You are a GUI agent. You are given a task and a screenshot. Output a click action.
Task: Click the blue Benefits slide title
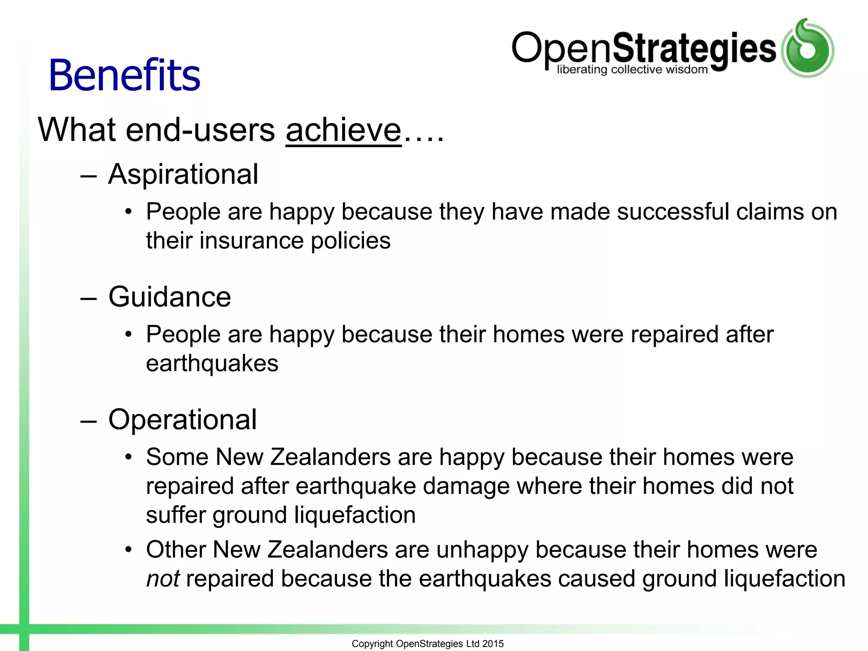(x=124, y=75)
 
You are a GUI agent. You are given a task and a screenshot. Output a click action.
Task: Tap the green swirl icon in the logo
(x=807, y=48)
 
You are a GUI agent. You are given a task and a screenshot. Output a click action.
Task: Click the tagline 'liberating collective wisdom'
(x=632, y=70)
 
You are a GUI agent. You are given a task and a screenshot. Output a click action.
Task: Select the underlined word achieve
(x=343, y=130)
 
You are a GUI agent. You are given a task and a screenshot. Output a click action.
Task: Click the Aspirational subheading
(x=183, y=174)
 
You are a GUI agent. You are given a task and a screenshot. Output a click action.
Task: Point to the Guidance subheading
(x=170, y=297)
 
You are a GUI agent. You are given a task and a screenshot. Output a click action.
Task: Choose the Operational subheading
(x=182, y=420)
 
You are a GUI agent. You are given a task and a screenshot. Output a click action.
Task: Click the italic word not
(x=163, y=579)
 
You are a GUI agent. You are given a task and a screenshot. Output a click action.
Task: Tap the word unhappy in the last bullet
(x=482, y=550)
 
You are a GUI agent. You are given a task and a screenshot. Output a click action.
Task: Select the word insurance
(x=251, y=241)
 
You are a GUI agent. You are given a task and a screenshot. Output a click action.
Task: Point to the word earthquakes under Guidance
(x=212, y=364)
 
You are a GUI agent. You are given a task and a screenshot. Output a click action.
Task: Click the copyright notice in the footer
(x=427, y=644)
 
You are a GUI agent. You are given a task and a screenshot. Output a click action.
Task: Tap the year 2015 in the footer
(x=493, y=644)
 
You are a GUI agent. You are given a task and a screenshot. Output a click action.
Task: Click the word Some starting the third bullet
(x=177, y=457)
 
